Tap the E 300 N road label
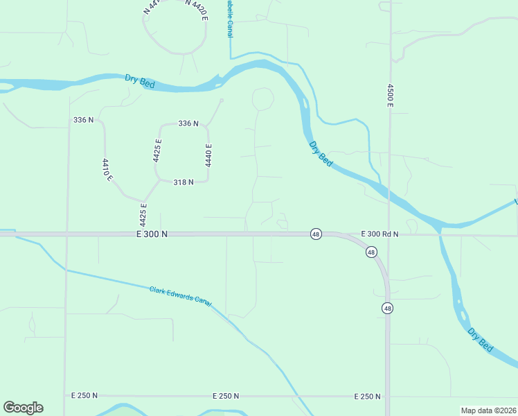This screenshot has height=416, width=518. (x=152, y=234)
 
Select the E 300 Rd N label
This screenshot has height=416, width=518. (x=379, y=234)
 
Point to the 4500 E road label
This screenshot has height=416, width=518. (x=390, y=95)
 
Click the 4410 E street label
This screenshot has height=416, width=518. (x=107, y=170)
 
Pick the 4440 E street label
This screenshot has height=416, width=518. (x=208, y=155)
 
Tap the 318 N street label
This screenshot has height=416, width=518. (x=184, y=182)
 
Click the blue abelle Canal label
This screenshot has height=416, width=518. (x=229, y=18)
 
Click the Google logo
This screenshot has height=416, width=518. (x=23, y=408)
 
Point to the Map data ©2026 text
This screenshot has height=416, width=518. (x=488, y=410)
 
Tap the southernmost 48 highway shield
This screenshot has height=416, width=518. (x=387, y=308)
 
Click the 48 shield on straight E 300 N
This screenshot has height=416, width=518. (x=316, y=234)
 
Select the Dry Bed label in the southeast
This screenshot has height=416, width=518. (x=480, y=340)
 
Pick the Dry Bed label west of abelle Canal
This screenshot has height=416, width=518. (x=140, y=81)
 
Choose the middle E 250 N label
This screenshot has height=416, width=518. (x=226, y=396)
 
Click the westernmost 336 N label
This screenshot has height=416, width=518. (x=83, y=120)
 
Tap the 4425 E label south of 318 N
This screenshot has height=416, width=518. (x=143, y=215)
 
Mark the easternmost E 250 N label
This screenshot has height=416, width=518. (x=367, y=396)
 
